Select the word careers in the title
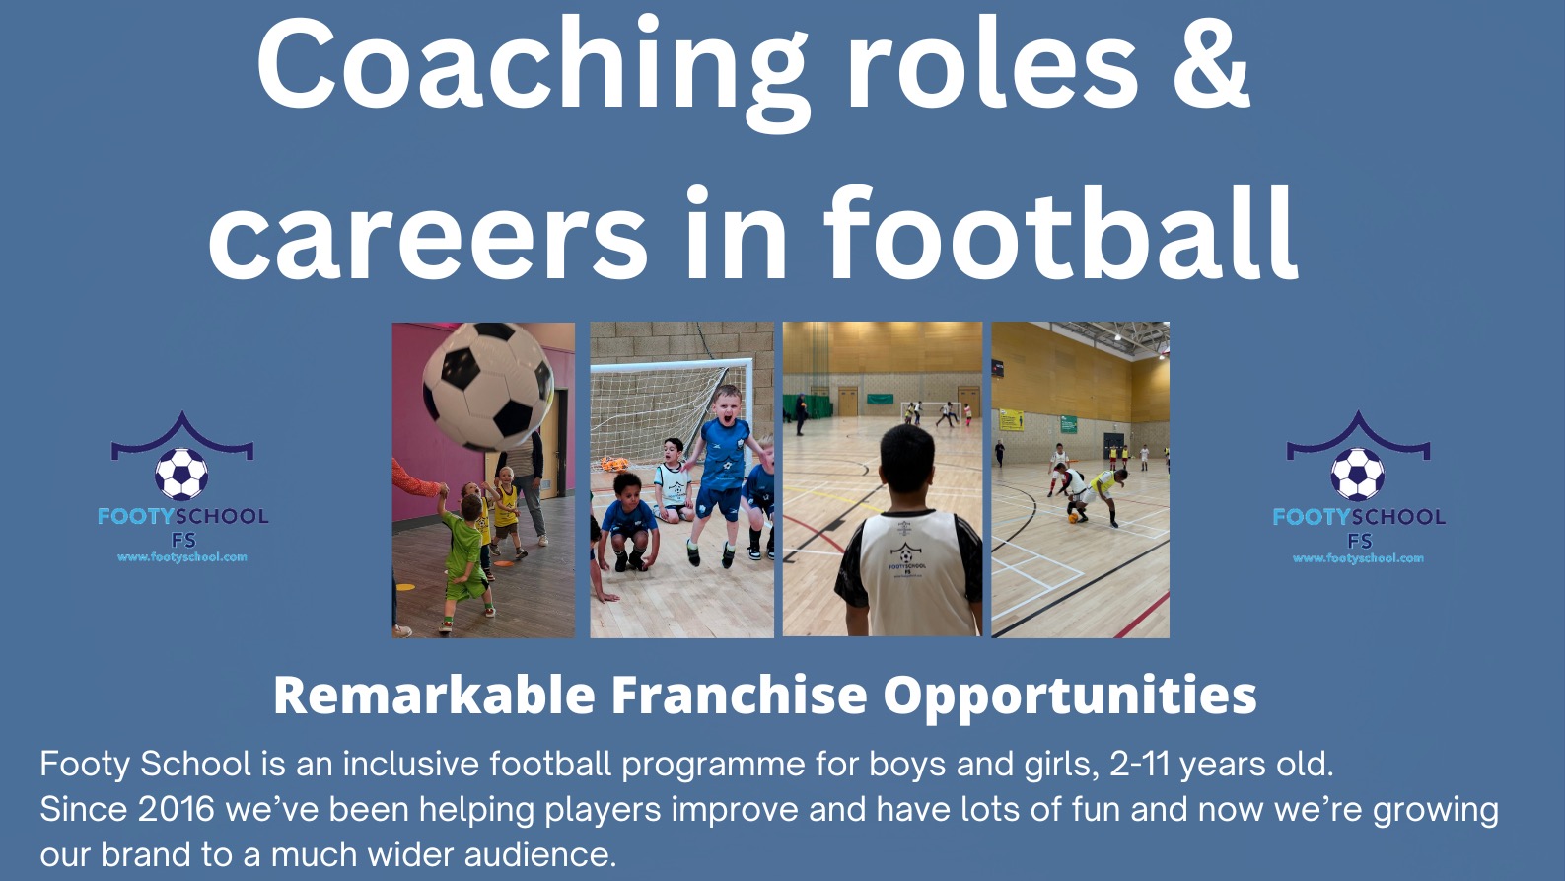(x=427, y=237)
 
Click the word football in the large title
(x=1060, y=237)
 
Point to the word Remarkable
(x=434, y=696)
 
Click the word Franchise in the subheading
(x=739, y=696)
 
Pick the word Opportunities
(x=1069, y=696)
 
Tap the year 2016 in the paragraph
(x=176, y=809)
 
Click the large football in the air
(x=487, y=385)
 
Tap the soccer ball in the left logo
(x=181, y=475)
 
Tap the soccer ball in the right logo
(x=1357, y=475)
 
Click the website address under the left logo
(x=182, y=557)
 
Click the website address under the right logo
(x=1358, y=558)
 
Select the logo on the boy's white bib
(x=904, y=556)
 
